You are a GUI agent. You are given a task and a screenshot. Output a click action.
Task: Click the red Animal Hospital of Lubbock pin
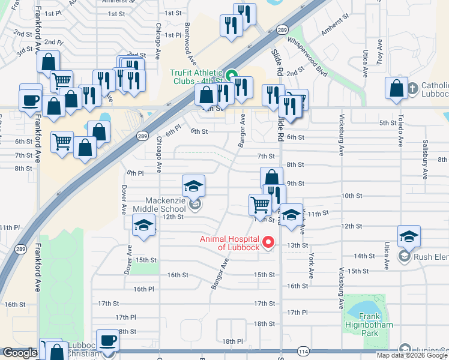[269, 242]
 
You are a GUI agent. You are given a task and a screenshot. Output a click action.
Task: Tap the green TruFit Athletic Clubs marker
[235, 76]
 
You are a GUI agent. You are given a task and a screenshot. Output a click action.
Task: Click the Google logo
[20, 353]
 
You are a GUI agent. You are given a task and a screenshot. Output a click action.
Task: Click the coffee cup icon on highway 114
[109, 341]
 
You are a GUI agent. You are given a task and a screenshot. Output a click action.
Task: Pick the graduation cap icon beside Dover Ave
[143, 225]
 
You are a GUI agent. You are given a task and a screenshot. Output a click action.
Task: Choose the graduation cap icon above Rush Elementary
[409, 236]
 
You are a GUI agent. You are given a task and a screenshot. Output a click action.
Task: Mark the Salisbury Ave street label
[424, 165]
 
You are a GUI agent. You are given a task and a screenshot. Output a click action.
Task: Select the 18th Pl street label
[232, 341]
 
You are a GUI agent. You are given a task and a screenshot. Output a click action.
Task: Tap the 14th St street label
[364, 256]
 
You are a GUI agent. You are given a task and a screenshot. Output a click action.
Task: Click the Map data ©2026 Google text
[412, 355]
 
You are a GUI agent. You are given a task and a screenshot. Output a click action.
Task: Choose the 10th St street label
[352, 196]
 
